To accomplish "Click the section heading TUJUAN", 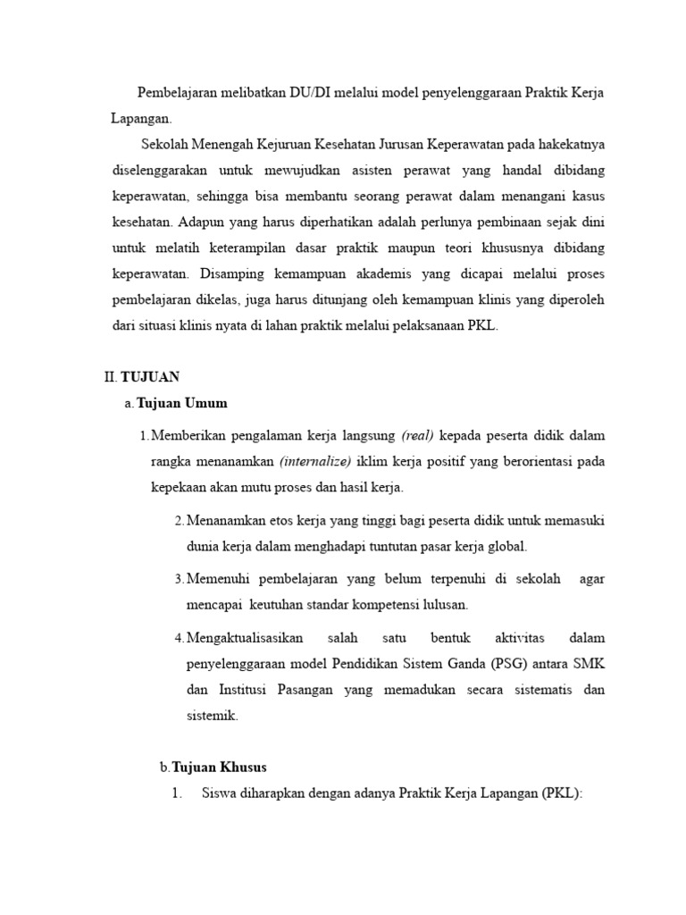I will pyautogui.click(x=150, y=377).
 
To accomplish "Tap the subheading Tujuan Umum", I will pyautogui.click(x=182, y=403).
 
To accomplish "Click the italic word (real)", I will pyautogui.click(x=417, y=436).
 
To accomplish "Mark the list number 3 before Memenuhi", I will pyautogui.click(x=179, y=579).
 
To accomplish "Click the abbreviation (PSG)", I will pyautogui.click(x=512, y=664).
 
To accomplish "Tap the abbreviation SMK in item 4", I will pyautogui.click(x=590, y=664).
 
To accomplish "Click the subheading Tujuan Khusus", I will pyautogui.click(x=219, y=768).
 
